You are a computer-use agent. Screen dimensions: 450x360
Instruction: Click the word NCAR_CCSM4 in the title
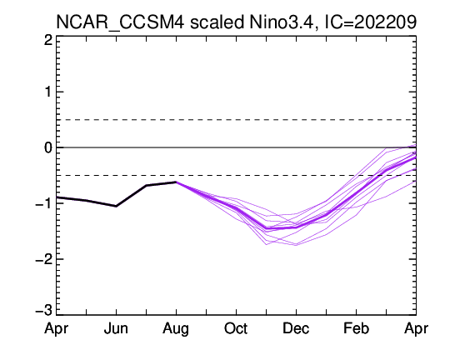pyautogui.click(x=120, y=22)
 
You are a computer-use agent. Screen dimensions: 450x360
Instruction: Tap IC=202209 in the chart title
pyautogui.click(x=370, y=22)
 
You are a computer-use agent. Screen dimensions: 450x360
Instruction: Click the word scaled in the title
pyautogui.click(x=217, y=22)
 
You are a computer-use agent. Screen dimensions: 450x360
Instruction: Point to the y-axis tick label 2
pyautogui.click(x=48, y=40)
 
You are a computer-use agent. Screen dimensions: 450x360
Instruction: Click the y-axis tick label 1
pyautogui.click(x=48, y=92)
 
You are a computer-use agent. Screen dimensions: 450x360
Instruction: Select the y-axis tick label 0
pyautogui.click(x=48, y=147)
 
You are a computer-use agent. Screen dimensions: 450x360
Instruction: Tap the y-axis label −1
pyautogui.click(x=43, y=203)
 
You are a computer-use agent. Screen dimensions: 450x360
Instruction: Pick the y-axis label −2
pyautogui.click(x=43, y=259)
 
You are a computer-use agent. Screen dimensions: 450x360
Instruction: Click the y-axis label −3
pyautogui.click(x=43, y=311)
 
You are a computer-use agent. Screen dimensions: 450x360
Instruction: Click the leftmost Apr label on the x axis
pyautogui.click(x=57, y=329)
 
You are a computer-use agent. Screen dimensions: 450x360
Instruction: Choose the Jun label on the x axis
pyautogui.click(x=116, y=328)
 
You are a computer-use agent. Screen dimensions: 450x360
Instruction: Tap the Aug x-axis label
pyautogui.click(x=176, y=329)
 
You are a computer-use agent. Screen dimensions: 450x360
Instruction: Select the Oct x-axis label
pyautogui.click(x=236, y=328)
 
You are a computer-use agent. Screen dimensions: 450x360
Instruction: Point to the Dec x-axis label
pyautogui.click(x=296, y=328)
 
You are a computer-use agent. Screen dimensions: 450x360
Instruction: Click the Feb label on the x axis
pyautogui.click(x=356, y=328)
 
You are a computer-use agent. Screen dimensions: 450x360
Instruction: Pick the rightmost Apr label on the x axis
pyautogui.click(x=416, y=329)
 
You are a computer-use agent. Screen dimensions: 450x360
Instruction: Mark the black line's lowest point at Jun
pyautogui.click(x=116, y=206)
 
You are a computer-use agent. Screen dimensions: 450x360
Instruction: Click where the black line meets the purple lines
pyautogui.click(x=176, y=182)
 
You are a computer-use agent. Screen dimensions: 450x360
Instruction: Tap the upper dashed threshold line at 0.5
pyautogui.click(x=236, y=120)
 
